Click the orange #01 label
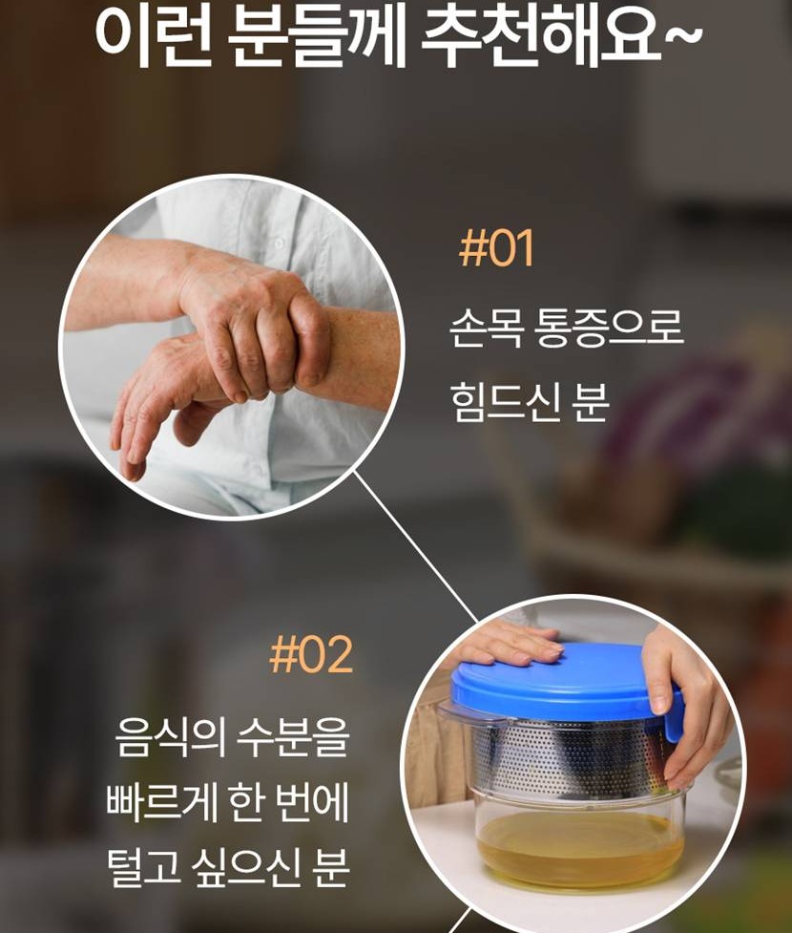[x=496, y=248]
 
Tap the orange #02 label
[x=311, y=654]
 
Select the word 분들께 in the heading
[x=317, y=35]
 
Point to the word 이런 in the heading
[x=154, y=35]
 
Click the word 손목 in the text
[x=486, y=328]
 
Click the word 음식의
[x=171, y=737]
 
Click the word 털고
[x=143, y=866]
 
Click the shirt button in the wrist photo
[x=280, y=243]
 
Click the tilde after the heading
[x=684, y=34]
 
